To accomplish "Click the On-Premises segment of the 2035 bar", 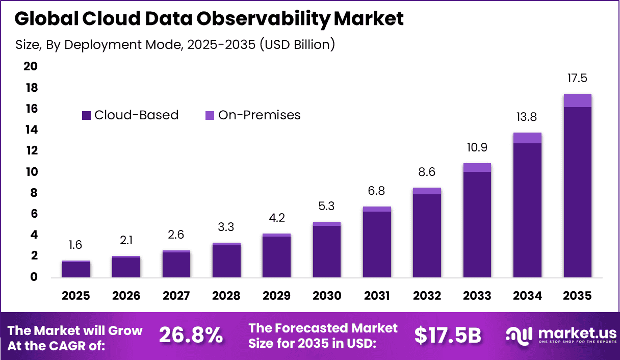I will coord(577,100).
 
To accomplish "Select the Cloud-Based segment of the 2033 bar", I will coord(477,224).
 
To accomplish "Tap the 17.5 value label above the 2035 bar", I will coord(577,79).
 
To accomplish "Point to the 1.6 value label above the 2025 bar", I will coord(75,245).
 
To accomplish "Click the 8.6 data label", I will coord(427,172).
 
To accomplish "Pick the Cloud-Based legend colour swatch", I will coord(86,116).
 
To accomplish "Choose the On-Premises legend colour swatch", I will coord(210,116).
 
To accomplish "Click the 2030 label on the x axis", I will coord(326,296).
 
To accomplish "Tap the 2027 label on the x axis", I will coord(176,296).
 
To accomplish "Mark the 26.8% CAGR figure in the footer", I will coord(191,336).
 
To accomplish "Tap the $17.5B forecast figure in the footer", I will coord(448,336).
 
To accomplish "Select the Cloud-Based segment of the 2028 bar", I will coord(226,261).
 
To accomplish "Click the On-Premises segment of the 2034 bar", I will coord(527,138).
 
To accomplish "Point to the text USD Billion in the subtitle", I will coord(297,44).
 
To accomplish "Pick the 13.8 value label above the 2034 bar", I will coord(527,117).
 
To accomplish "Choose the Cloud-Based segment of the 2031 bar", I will coord(377,244).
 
